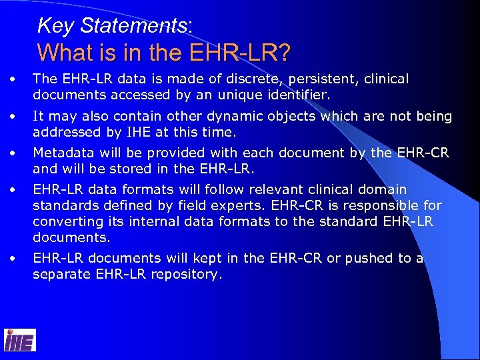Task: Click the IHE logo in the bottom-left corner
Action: pos(20,340)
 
